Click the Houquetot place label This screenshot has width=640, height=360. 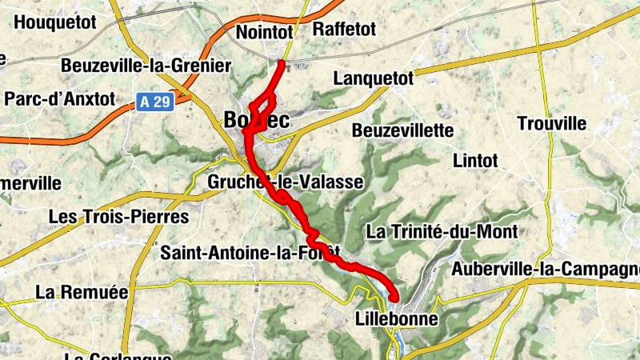pyautogui.click(x=55, y=22)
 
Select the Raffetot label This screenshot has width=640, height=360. pyautogui.click(x=344, y=30)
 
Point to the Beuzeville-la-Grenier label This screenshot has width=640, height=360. pyautogui.click(x=146, y=66)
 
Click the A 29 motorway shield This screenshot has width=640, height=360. pyautogui.click(x=154, y=102)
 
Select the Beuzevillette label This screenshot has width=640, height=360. pyautogui.click(x=402, y=130)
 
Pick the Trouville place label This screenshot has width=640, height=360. pyautogui.click(x=552, y=124)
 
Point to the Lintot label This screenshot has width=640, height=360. pyautogui.click(x=475, y=161)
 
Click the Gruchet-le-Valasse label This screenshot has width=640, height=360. pyautogui.click(x=285, y=182)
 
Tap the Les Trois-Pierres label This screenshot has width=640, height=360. pyautogui.click(x=118, y=217)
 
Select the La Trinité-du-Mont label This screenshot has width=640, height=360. pyautogui.click(x=442, y=232)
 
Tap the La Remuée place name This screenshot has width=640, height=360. pyautogui.click(x=82, y=293)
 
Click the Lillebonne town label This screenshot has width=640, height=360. pyautogui.click(x=396, y=319)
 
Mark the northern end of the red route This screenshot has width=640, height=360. pyautogui.click(x=282, y=62)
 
